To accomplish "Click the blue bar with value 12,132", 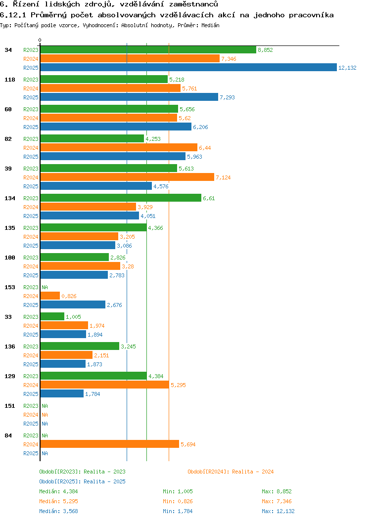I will point(188,68).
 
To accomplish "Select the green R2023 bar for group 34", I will point(148,50).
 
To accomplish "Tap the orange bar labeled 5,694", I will point(109,444).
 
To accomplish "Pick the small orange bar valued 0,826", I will point(50,296).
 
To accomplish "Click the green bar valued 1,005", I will point(52,317).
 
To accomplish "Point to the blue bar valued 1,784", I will point(62,394).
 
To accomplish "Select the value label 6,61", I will point(209,198).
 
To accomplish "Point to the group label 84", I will point(8,435).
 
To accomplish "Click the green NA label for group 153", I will point(45,287).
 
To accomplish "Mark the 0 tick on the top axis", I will point(40,40).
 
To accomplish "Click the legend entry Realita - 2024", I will point(231,472).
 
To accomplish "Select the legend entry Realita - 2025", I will point(82,481).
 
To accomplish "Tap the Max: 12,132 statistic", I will point(278,511).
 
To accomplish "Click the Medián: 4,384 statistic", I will point(58,491).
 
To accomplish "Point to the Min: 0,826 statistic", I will point(178,501).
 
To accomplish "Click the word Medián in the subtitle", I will point(210,25).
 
